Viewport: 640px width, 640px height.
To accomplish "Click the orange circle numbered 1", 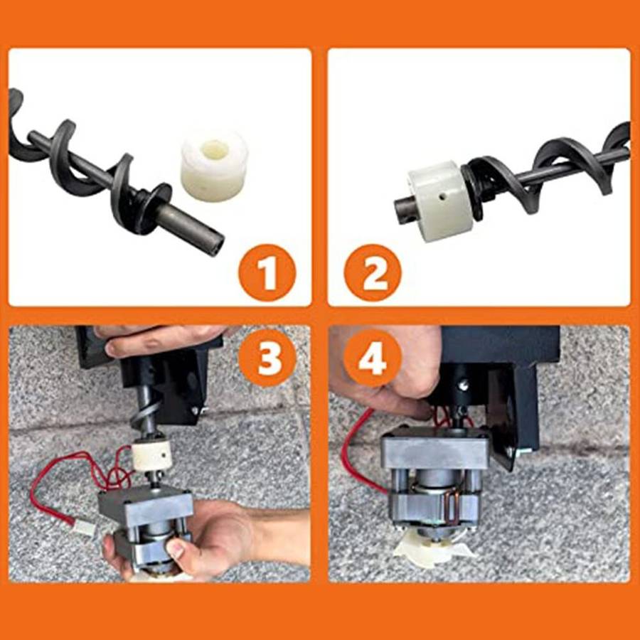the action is pyautogui.click(x=267, y=272).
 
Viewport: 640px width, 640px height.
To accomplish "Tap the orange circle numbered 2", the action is pyautogui.click(x=373, y=272).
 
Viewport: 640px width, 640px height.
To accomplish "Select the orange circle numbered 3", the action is pyautogui.click(x=267, y=358).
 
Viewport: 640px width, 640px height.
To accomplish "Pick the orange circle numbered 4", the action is pyautogui.click(x=373, y=358).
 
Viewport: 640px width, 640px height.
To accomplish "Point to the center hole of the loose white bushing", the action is pyautogui.click(x=215, y=147).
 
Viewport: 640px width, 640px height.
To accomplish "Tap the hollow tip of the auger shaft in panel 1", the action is pyautogui.click(x=215, y=247).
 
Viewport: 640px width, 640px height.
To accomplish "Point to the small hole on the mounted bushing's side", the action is pyautogui.click(x=443, y=197).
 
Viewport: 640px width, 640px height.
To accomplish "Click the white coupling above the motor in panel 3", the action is pyautogui.click(x=150, y=457).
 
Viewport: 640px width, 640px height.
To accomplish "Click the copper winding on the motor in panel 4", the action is pyautogui.click(x=453, y=509).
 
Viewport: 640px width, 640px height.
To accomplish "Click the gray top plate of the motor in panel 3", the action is pyautogui.click(x=145, y=506).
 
